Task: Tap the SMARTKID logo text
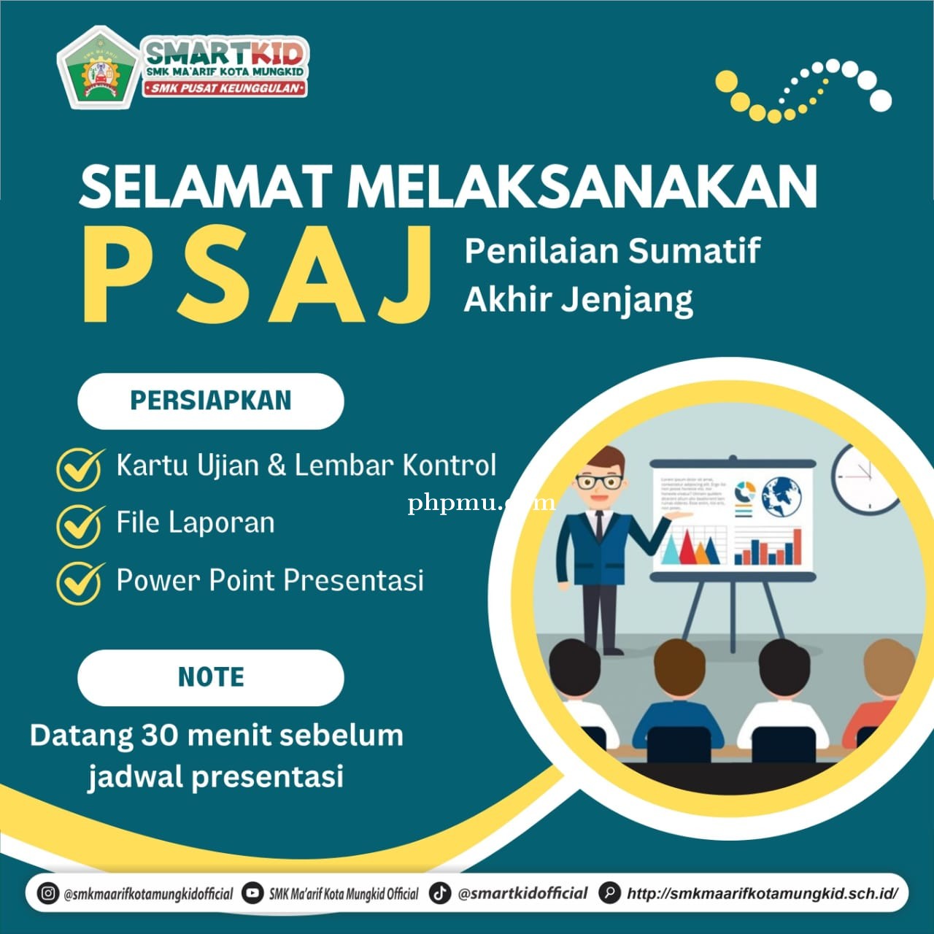225,53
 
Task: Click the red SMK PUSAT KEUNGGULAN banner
225,88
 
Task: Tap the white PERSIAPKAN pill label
210,401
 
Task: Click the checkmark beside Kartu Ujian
80,468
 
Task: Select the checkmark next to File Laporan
80,525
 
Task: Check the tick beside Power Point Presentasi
80,582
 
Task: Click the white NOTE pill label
210,677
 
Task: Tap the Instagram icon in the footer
48,893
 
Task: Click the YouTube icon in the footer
252,893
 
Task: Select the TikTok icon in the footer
440,893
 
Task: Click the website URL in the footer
762,894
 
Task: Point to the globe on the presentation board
781,495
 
